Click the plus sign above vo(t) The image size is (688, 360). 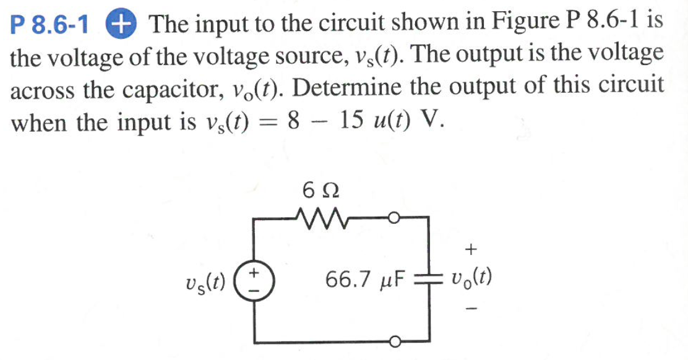pos(471,249)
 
